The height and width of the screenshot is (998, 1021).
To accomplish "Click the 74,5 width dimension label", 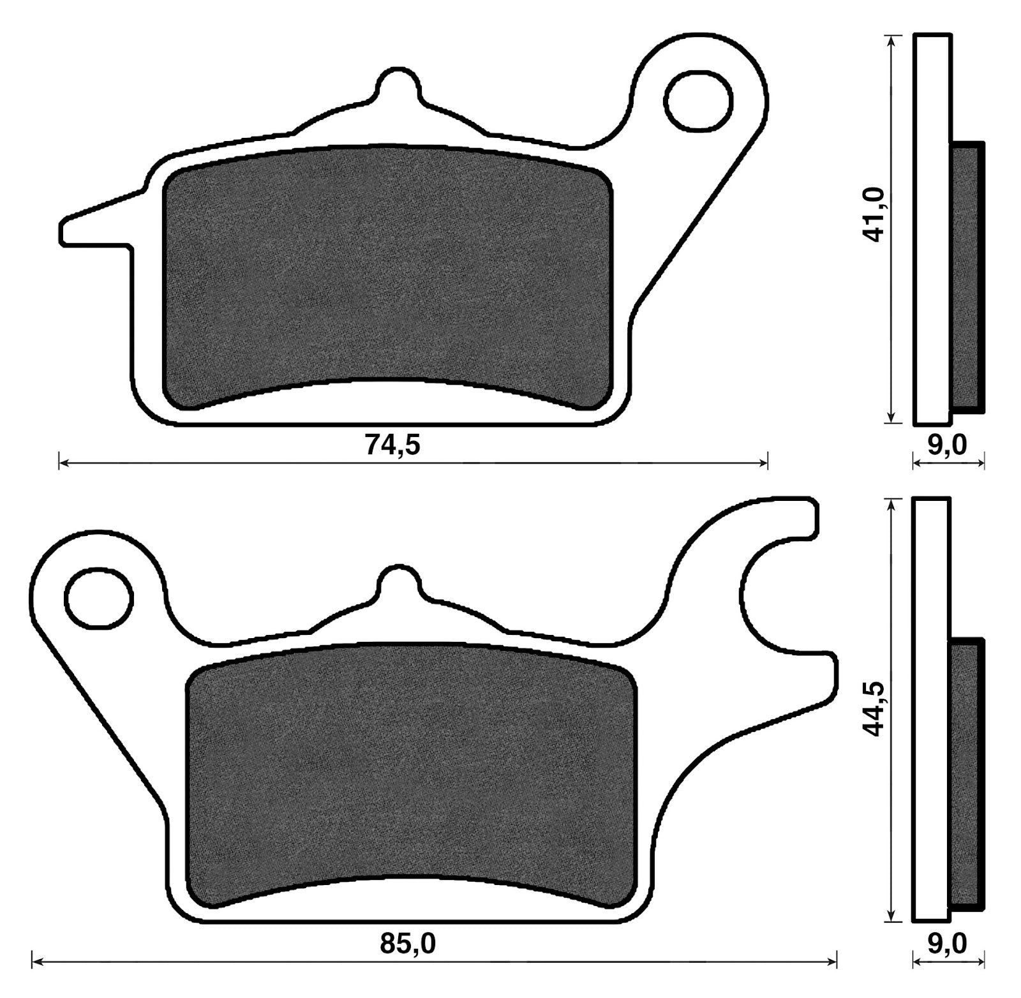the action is tap(392, 445).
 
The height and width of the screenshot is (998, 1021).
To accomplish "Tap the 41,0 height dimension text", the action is tap(872, 214).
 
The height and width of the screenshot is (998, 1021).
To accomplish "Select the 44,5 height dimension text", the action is tap(872, 708).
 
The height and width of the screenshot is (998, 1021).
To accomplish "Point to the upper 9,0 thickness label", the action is tap(947, 445).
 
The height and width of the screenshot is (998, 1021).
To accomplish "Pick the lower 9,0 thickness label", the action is tap(947, 943).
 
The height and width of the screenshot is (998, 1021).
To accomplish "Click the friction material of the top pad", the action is tap(388, 277).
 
